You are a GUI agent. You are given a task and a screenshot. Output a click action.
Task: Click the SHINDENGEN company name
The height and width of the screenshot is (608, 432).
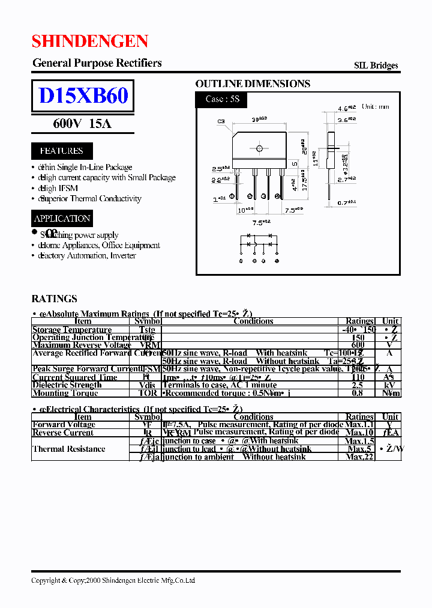(89, 41)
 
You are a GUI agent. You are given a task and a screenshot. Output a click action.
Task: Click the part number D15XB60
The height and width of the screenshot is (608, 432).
(83, 96)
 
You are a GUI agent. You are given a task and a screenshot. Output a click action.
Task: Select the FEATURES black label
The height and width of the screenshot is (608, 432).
(61, 151)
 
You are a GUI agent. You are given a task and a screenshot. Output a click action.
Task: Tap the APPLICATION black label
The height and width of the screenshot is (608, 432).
(62, 219)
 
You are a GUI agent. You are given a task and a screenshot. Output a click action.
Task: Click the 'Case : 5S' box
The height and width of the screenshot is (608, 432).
(222, 99)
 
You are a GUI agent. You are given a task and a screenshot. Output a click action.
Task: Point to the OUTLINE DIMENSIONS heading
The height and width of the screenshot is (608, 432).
(253, 84)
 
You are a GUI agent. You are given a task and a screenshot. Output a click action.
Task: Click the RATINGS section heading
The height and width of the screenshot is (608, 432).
(54, 299)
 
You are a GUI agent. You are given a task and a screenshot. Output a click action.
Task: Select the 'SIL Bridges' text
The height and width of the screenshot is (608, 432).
(376, 66)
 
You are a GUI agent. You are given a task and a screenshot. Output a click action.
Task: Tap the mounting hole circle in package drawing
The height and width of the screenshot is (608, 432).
(260, 148)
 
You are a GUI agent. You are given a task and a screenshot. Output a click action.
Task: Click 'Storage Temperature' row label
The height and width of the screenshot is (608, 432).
(72, 330)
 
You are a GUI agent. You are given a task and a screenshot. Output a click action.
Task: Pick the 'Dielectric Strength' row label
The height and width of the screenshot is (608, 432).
(67, 385)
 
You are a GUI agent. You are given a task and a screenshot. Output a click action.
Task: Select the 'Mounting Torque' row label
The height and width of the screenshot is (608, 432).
(65, 394)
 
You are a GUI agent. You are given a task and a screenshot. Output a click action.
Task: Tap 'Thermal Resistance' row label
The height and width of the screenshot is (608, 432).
(69, 449)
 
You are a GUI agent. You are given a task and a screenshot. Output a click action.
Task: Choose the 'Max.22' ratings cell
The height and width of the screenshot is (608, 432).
(359, 457)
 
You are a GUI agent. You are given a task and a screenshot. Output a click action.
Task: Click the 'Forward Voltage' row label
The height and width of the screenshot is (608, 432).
(64, 425)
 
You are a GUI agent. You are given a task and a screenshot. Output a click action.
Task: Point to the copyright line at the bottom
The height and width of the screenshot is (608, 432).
(113, 580)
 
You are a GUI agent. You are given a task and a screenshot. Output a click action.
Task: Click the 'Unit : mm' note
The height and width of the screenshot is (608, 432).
(375, 107)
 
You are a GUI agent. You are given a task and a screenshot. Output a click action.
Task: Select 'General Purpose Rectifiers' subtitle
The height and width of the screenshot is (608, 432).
(97, 63)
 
